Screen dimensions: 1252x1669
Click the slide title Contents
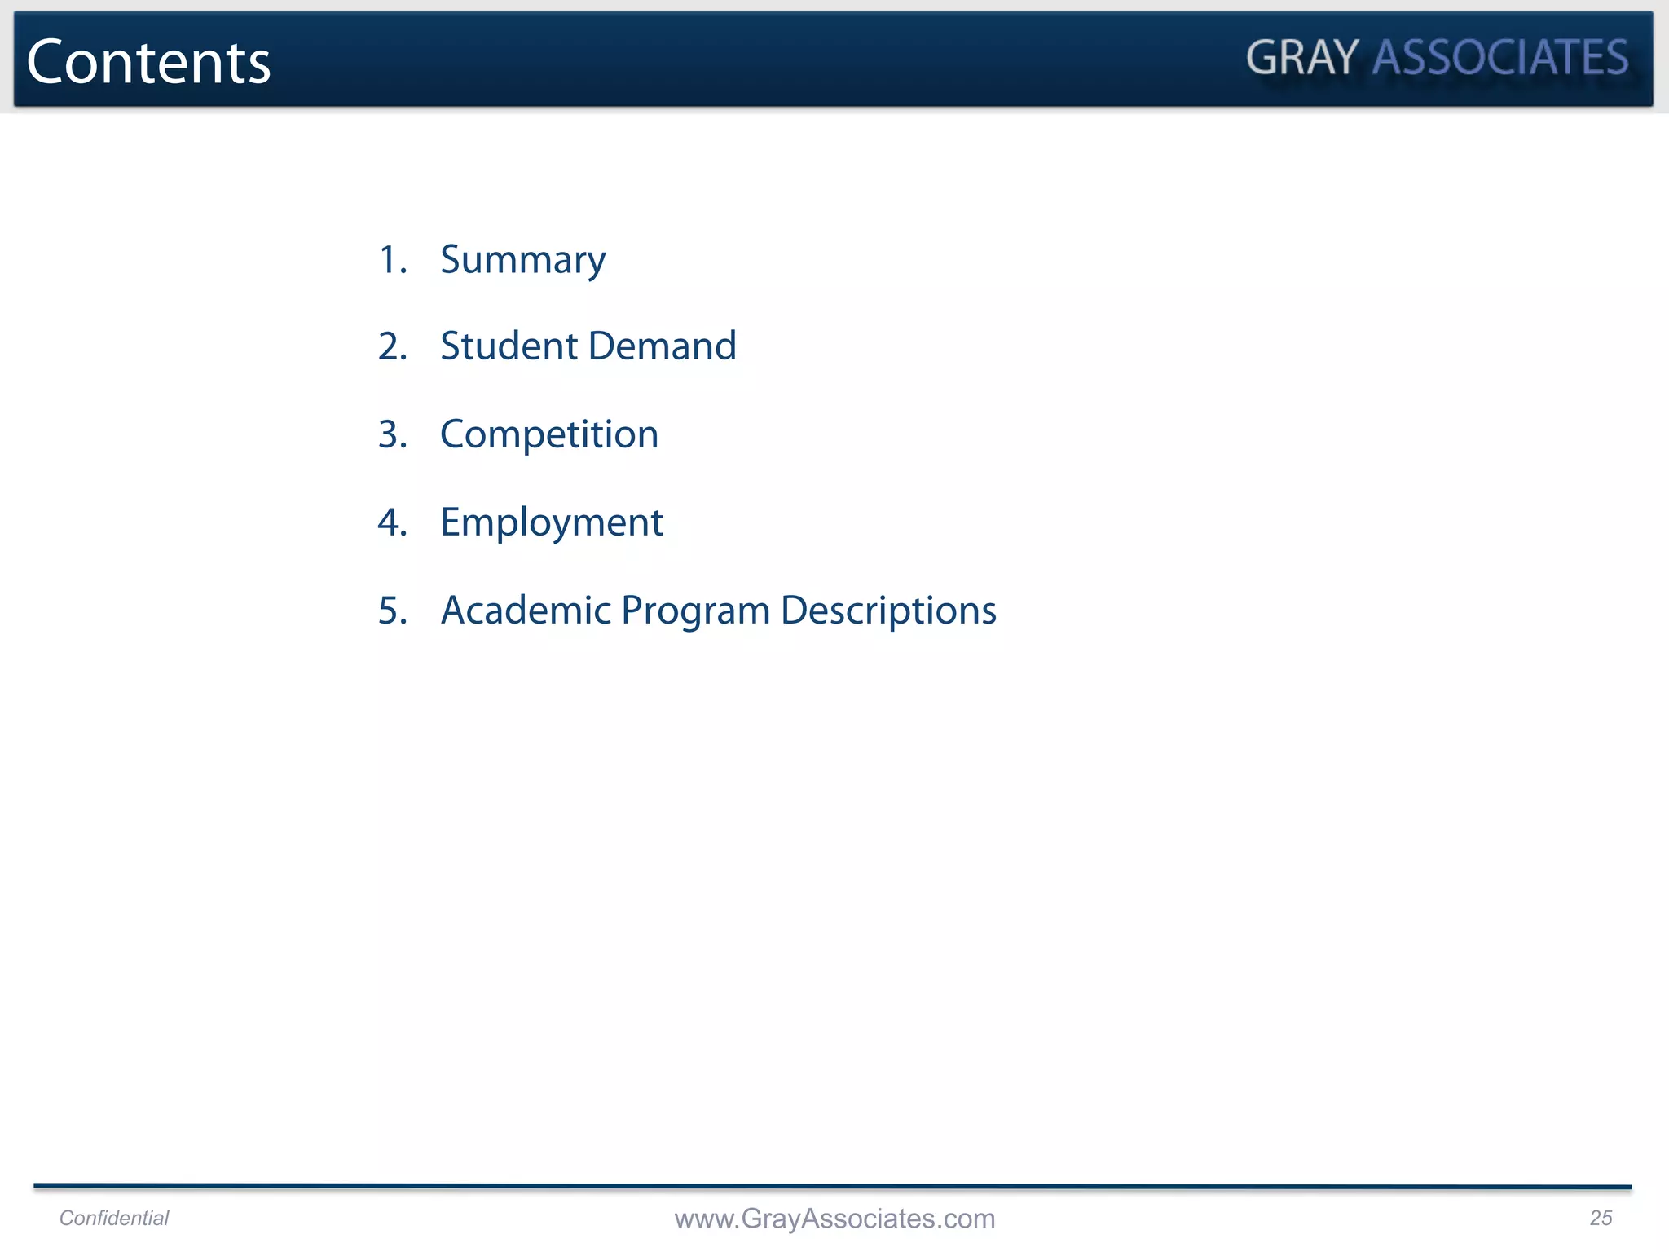(x=148, y=62)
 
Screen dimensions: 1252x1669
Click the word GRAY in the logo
(x=1301, y=58)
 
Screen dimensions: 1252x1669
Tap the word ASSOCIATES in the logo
(x=1500, y=58)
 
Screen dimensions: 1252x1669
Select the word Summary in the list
(x=522, y=261)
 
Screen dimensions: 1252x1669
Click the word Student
(x=509, y=346)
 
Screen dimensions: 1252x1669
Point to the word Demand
(x=662, y=346)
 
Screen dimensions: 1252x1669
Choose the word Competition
(x=548, y=434)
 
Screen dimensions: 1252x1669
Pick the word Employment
(x=551, y=523)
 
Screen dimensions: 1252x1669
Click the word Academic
(x=526, y=610)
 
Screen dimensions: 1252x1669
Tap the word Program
(x=695, y=611)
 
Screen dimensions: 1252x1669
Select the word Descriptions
(x=888, y=611)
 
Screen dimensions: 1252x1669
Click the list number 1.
(x=392, y=260)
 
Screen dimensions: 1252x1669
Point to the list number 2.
(x=392, y=346)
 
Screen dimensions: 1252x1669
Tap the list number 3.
(x=392, y=434)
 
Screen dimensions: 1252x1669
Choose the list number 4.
(x=392, y=522)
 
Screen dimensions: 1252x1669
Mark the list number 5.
(x=392, y=611)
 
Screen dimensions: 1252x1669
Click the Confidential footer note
(x=114, y=1218)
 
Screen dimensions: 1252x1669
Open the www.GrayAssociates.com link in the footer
(x=834, y=1219)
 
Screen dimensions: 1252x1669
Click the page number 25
(x=1601, y=1218)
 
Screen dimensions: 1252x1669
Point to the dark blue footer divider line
(x=832, y=1187)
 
